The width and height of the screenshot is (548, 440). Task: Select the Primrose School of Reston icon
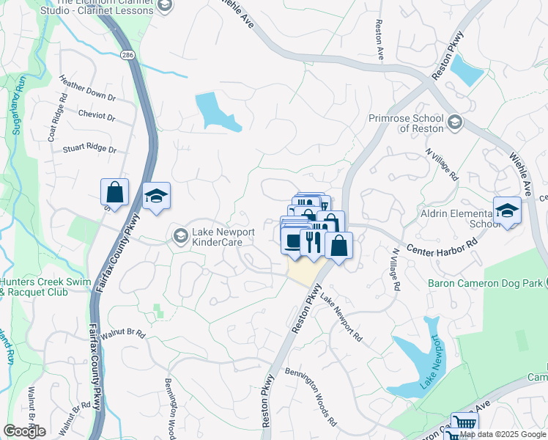click(x=455, y=122)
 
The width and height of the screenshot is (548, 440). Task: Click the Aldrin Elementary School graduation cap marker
click(x=507, y=210)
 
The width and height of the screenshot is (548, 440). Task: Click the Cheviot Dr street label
click(x=96, y=116)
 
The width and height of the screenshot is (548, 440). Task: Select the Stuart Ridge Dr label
click(x=89, y=149)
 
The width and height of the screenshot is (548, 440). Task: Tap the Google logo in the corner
click(x=23, y=431)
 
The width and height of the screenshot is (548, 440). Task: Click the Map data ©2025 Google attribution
click(x=503, y=434)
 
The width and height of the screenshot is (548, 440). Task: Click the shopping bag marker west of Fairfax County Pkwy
click(x=115, y=193)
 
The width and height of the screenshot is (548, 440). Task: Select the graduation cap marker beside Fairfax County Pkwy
click(x=156, y=197)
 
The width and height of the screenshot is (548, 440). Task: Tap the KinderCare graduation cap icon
click(x=180, y=235)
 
